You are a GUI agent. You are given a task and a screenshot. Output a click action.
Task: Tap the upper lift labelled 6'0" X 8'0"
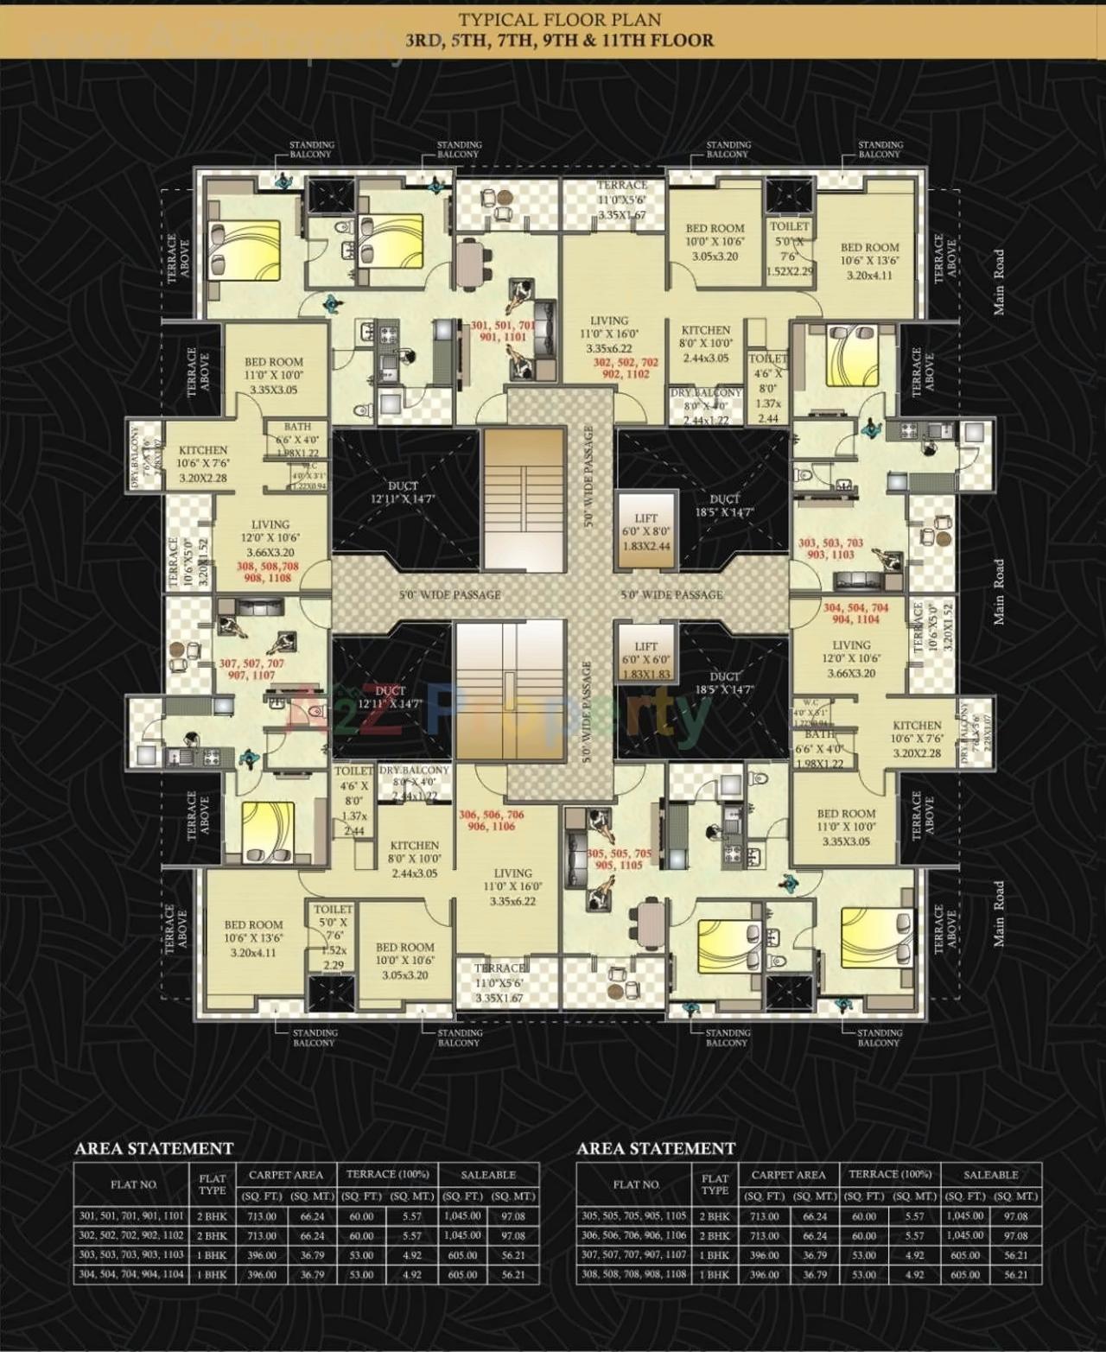(645, 531)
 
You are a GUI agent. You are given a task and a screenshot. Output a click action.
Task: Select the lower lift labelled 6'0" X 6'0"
(645, 659)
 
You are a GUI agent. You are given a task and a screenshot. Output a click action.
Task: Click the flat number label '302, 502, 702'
(625, 363)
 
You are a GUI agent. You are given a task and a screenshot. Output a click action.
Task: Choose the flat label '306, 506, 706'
(491, 815)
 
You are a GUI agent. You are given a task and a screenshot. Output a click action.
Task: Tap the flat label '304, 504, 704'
(855, 607)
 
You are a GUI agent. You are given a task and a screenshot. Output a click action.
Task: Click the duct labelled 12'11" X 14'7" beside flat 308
(403, 492)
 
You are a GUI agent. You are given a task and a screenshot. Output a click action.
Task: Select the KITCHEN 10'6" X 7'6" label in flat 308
(203, 464)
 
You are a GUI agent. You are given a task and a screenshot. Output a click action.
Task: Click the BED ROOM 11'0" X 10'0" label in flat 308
(274, 375)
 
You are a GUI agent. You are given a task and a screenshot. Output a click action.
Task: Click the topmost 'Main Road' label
(999, 282)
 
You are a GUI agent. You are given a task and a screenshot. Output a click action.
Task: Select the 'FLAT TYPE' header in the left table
(213, 1184)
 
